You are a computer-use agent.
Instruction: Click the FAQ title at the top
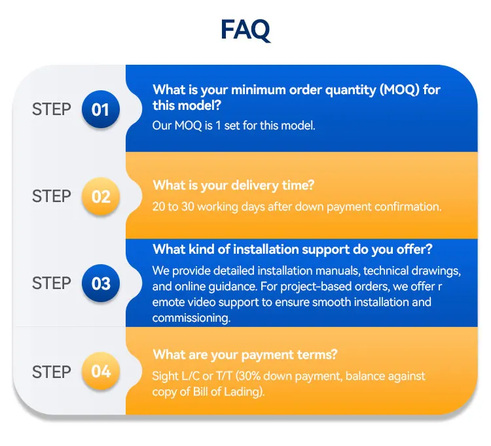pos(245,30)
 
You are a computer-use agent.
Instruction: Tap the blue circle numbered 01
pos(101,109)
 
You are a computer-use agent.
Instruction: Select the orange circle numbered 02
pos(101,196)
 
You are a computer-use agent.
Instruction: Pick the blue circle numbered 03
pos(101,283)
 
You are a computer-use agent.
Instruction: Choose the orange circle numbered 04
pos(101,371)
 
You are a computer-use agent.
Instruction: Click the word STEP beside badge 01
pos(52,109)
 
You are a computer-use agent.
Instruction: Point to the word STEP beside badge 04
pos(52,372)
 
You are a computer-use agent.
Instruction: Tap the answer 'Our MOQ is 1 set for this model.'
pos(234,126)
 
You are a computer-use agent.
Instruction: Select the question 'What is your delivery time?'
pos(233,186)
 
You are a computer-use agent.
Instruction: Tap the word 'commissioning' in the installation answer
pos(191,318)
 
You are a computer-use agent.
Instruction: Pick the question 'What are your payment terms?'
pos(245,355)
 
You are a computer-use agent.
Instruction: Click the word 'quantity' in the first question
pos(350,90)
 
